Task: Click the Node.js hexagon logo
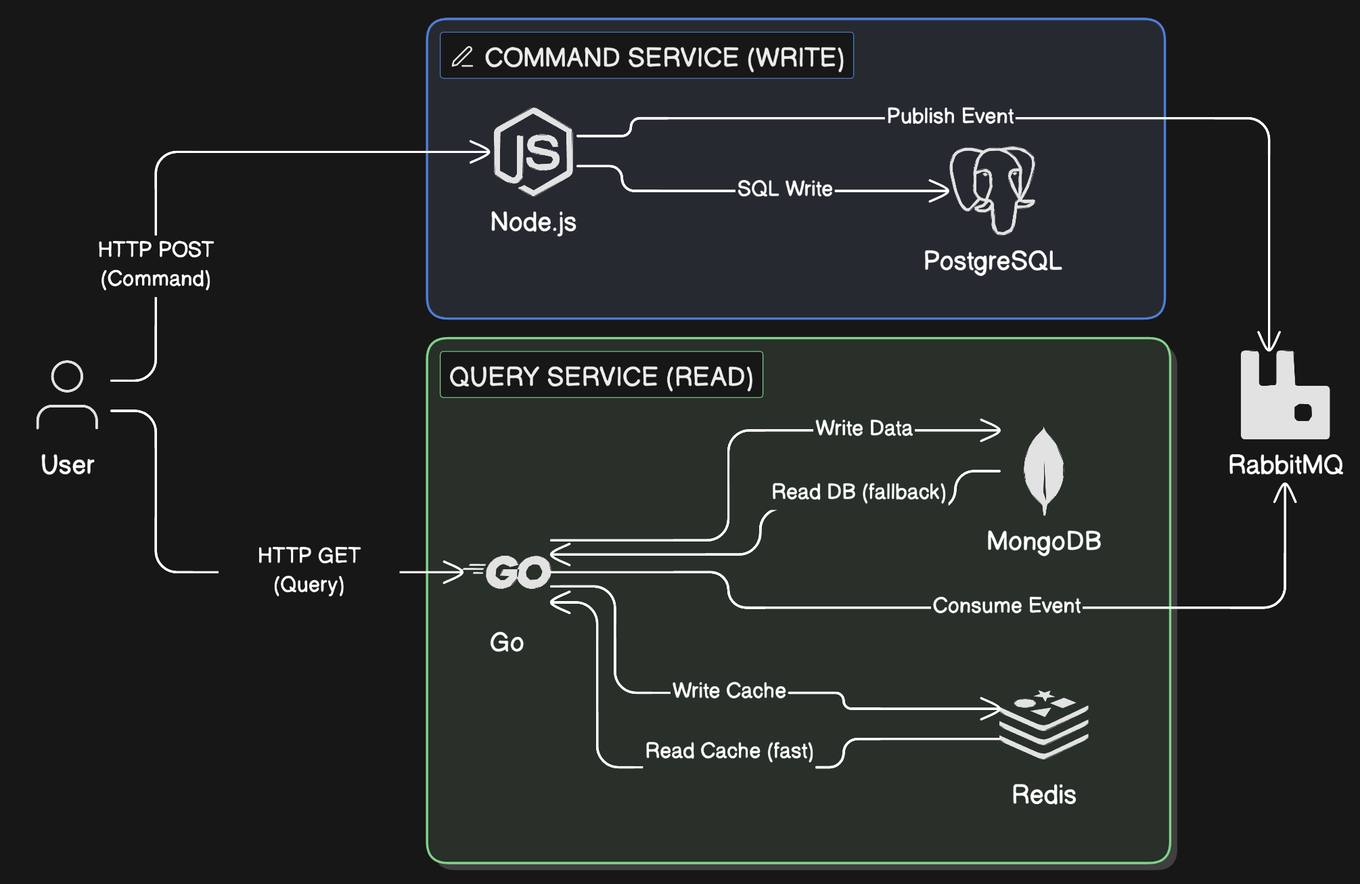point(533,152)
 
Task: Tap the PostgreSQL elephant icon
point(992,190)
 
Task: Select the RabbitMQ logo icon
point(1284,396)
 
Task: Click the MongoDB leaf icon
point(1043,470)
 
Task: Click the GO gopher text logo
point(518,572)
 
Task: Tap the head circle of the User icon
point(67,376)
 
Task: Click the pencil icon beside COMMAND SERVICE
point(463,57)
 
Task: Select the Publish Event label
point(950,116)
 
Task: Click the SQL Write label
point(785,189)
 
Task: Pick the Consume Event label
point(1006,605)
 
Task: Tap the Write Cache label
point(729,690)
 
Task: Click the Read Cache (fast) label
point(729,751)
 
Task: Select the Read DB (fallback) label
point(858,491)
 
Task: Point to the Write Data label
point(863,428)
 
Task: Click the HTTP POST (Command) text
point(156,264)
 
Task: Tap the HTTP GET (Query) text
point(309,570)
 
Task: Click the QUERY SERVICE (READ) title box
point(601,376)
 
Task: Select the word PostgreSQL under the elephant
point(992,261)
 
